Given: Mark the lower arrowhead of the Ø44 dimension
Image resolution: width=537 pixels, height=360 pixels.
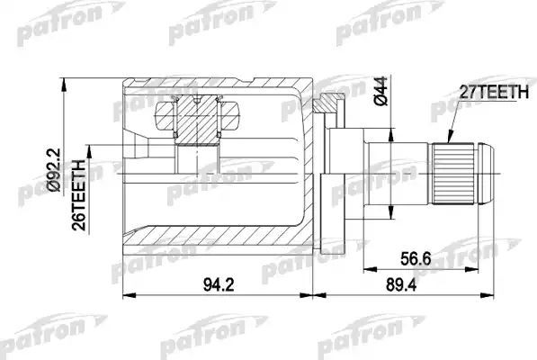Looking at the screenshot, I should [390, 213].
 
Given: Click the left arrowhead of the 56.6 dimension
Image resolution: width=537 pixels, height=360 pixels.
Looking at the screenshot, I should [366, 266].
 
